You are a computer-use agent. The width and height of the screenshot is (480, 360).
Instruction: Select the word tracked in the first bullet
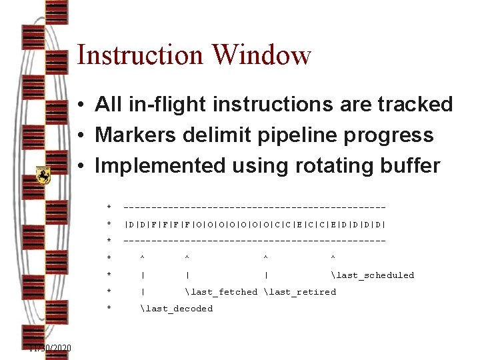[x=415, y=104]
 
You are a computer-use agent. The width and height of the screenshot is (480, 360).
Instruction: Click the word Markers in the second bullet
[x=133, y=135]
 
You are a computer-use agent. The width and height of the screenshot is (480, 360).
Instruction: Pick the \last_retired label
[x=300, y=292]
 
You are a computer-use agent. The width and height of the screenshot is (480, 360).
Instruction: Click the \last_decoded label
[x=177, y=309]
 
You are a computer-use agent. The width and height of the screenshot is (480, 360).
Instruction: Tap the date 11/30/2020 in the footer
[x=50, y=349]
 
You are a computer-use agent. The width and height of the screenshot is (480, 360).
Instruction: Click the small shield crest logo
[x=43, y=175]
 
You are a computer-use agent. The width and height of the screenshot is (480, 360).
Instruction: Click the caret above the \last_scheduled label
[x=333, y=257]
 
